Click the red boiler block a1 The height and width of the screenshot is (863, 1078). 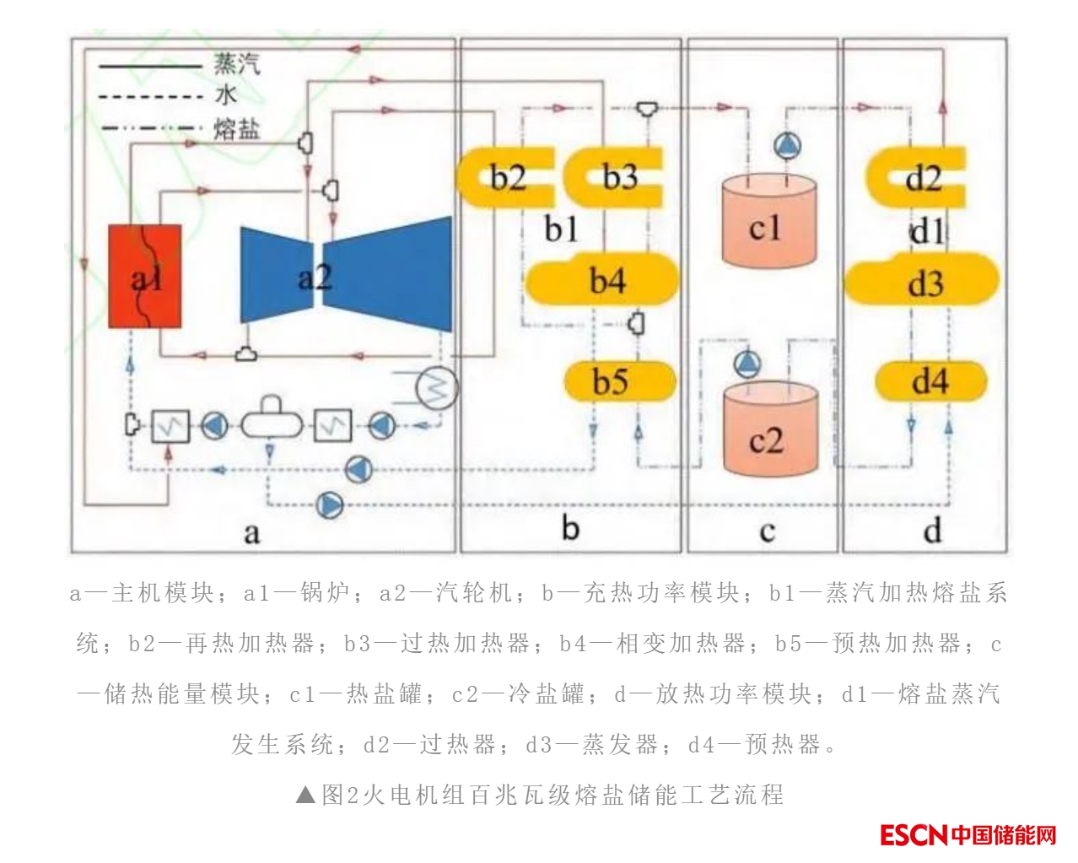[x=145, y=276]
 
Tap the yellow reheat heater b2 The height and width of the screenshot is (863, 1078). [x=504, y=177]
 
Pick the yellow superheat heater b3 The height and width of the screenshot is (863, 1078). [x=615, y=177]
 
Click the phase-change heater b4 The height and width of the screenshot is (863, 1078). [x=602, y=281]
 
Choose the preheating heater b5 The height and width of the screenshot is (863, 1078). [x=620, y=382]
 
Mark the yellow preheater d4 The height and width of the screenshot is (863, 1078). [x=930, y=382]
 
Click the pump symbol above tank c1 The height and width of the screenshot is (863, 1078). [x=787, y=147]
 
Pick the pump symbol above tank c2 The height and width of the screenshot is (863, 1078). [x=747, y=364]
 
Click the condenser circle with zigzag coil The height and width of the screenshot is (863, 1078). [x=437, y=389]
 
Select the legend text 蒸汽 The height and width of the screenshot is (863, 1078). [x=237, y=64]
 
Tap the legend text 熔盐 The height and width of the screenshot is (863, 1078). [x=237, y=129]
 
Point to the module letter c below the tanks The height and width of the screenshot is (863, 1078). [x=767, y=531]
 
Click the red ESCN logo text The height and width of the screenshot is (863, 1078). [x=914, y=835]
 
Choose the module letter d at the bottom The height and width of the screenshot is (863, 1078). [x=931, y=531]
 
